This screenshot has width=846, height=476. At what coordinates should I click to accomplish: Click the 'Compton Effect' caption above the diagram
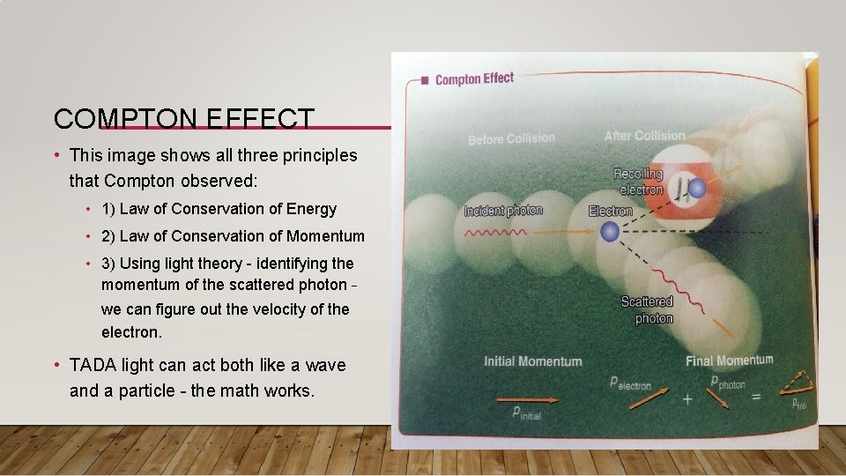(474, 79)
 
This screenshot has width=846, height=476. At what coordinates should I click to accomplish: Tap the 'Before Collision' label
(511, 138)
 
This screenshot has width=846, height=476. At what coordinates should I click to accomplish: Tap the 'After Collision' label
(644, 136)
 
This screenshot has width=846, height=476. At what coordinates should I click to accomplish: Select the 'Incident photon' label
(503, 211)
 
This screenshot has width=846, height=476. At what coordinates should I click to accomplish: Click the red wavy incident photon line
(495, 234)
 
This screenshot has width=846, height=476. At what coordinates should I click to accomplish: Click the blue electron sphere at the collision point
(609, 232)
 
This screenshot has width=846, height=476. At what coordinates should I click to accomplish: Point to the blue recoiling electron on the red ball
(697, 188)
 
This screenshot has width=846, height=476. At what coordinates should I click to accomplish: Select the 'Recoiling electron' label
(638, 182)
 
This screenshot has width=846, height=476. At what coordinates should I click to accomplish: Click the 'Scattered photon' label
(647, 310)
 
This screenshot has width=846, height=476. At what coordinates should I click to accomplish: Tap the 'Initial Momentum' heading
(532, 361)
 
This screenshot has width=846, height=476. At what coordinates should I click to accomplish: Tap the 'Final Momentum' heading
(729, 361)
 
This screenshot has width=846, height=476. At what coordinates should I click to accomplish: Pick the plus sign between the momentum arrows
(686, 398)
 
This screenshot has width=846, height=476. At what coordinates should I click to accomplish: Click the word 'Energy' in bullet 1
(315, 209)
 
